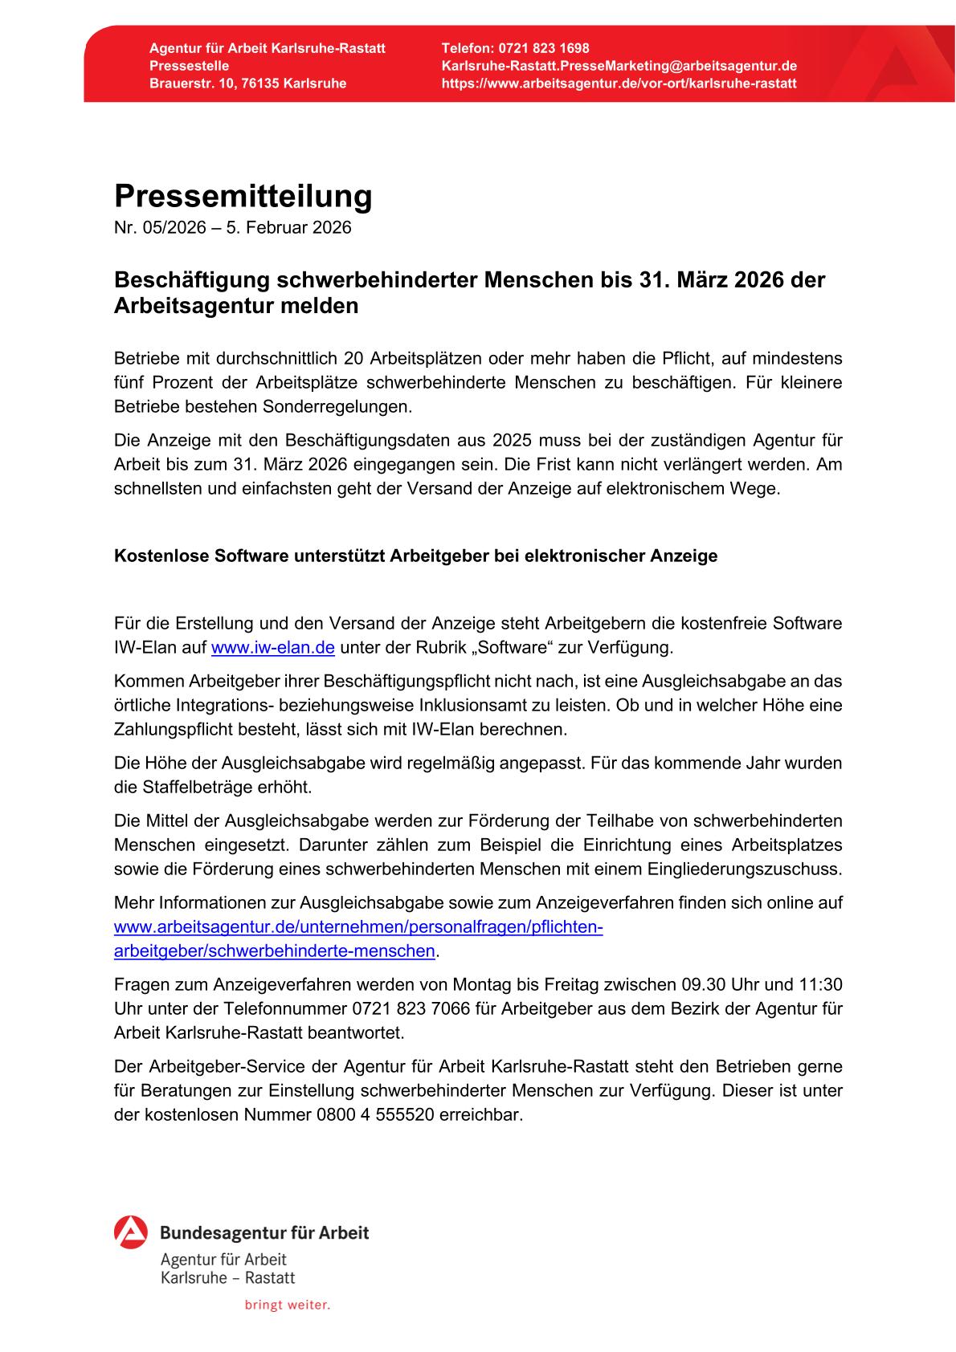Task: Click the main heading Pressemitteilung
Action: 243,197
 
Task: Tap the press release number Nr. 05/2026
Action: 164,228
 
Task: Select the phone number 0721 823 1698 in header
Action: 543,48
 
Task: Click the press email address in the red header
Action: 619,66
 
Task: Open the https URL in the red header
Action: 619,83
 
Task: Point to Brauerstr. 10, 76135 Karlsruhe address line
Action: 247,83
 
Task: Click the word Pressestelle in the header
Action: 189,66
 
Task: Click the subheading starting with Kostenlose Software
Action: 415,556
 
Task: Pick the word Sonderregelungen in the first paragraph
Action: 337,407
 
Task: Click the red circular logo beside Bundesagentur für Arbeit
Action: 130,1232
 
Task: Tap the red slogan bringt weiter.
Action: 287,1305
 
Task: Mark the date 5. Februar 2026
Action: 288,228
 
